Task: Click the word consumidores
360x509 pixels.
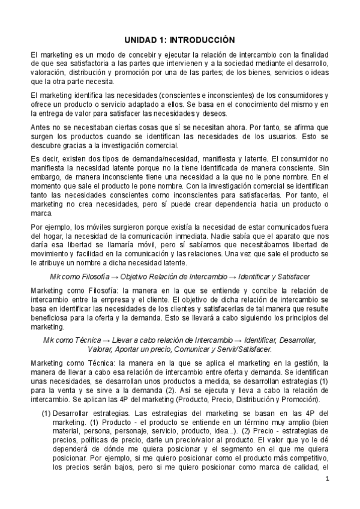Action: [294, 95]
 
